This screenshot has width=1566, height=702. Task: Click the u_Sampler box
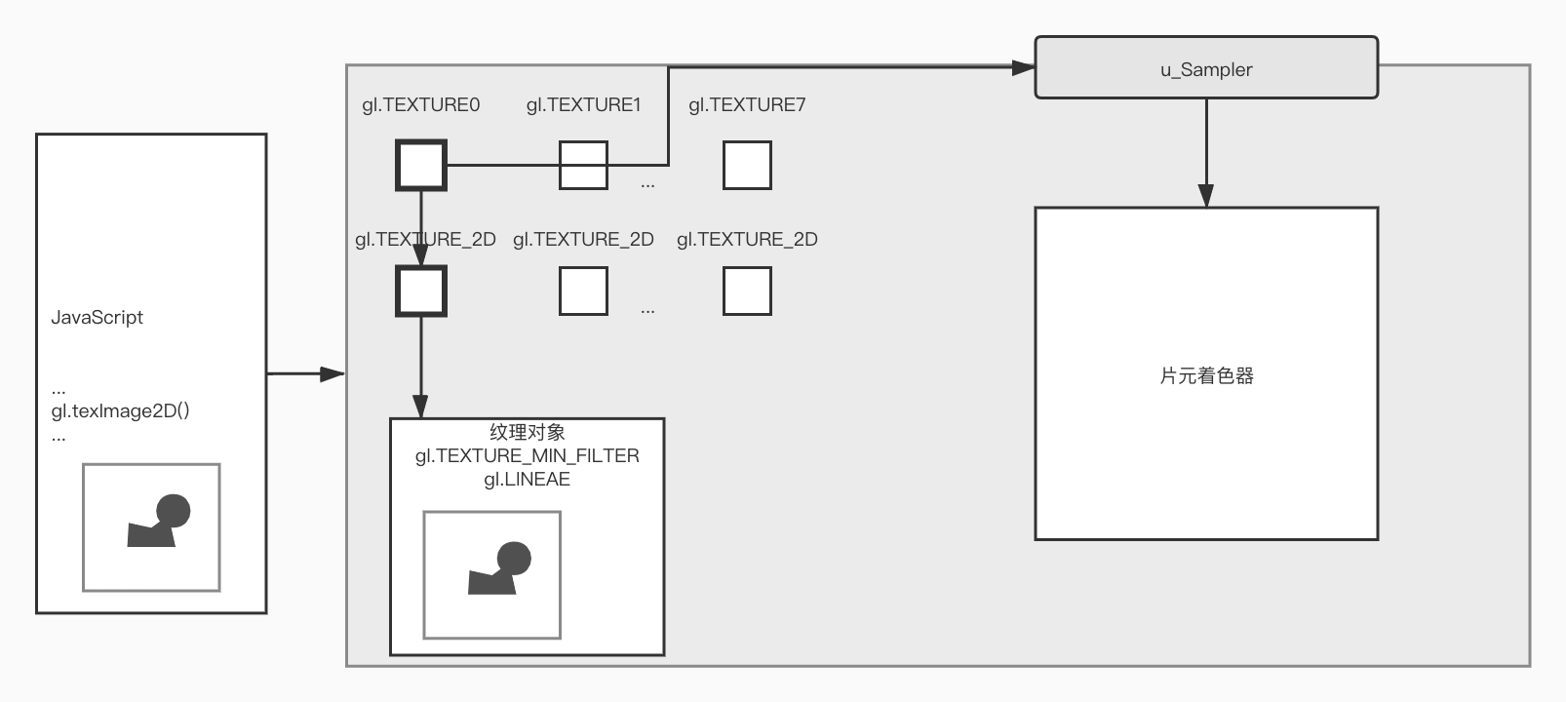(1205, 68)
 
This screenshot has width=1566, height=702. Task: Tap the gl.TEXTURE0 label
(420, 105)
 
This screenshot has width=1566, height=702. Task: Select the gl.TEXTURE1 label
(583, 105)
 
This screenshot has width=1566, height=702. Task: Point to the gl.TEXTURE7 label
(747, 105)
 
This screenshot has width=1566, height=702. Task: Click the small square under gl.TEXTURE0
(421, 165)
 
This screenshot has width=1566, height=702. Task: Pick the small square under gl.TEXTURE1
(583, 165)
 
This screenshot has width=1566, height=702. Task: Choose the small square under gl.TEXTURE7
(747, 165)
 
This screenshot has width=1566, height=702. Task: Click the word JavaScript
(97, 318)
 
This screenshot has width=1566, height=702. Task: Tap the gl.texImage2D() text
(120, 411)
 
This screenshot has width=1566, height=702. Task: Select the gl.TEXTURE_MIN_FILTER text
(527, 456)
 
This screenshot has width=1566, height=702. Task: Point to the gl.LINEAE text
(527, 480)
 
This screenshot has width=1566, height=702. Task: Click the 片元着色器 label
(1206, 376)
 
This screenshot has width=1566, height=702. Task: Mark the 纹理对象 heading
(527, 432)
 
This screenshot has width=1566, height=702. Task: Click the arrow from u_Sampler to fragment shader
(1206, 152)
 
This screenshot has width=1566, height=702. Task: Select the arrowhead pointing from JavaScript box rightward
(333, 373)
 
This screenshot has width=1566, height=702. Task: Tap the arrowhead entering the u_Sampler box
(1024, 67)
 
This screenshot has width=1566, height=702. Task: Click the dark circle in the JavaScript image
(174, 511)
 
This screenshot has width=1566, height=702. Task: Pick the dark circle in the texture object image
(514, 559)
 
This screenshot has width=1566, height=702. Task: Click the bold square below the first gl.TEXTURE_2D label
(421, 292)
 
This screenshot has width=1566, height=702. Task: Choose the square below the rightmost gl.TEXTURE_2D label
(747, 292)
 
